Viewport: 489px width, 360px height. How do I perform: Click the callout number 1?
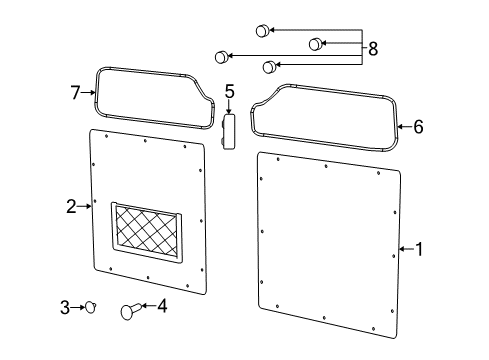point(419,249)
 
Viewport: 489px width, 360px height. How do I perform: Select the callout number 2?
point(71,207)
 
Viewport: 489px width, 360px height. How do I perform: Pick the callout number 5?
point(229,92)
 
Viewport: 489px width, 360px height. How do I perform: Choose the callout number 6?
point(418,127)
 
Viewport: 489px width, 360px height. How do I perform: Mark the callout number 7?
point(75,92)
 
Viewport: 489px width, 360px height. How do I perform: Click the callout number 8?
point(373,48)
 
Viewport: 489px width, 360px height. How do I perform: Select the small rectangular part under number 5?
point(228,131)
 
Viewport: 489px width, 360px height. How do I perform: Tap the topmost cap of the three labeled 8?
point(263,30)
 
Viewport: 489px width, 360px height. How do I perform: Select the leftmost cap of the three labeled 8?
point(221,57)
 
